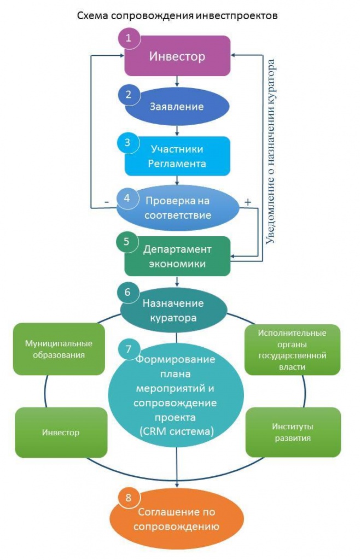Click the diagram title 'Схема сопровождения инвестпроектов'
point(177,15)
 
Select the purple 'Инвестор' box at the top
point(177,56)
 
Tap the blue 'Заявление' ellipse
point(177,106)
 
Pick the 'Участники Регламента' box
point(177,156)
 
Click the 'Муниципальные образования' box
point(59,349)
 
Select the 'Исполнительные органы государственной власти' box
point(292,349)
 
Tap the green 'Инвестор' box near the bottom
point(61,432)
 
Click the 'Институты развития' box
point(292,432)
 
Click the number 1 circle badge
point(129,38)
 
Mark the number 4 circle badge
point(127,198)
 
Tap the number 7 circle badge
point(129,348)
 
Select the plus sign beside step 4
point(247,201)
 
